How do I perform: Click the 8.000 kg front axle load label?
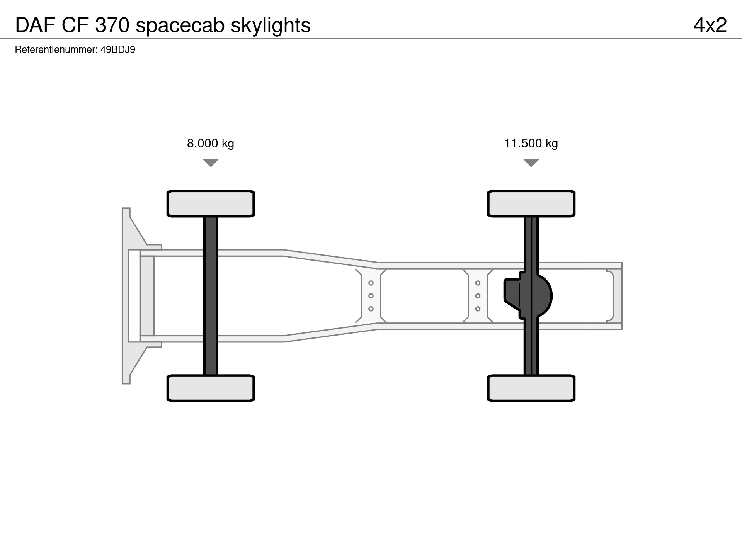[211, 144]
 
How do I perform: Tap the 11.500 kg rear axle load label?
[531, 144]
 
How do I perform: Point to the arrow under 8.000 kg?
[211, 163]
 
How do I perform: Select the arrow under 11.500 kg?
[531, 163]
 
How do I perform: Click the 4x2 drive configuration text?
[710, 25]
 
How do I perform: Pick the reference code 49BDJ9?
[118, 50]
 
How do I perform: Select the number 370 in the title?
[112, 25]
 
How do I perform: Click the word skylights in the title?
[271, 26]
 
